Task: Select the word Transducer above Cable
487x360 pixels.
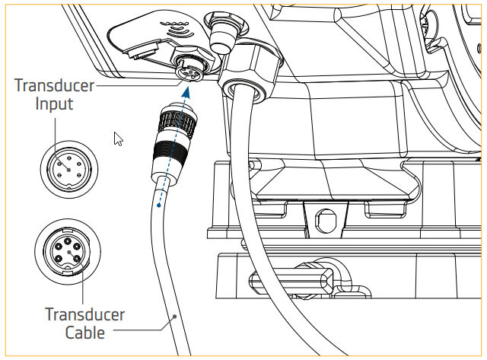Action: click(x=84, y=314)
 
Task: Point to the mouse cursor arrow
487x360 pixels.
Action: click(x=118, y=138)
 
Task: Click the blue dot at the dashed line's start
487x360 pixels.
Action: click(x=158, y=204)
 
